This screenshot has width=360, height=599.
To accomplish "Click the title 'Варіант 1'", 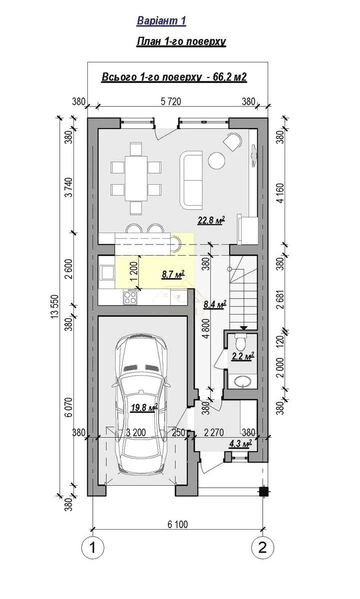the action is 161,20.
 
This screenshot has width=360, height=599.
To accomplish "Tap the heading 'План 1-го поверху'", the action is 181,42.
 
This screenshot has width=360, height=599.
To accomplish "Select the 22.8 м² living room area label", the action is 211,220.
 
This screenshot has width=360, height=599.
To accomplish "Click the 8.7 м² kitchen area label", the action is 173,274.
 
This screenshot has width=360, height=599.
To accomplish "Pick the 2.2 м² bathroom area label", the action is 243,356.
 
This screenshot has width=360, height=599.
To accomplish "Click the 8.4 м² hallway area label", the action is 215,304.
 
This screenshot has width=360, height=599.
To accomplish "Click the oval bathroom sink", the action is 242,381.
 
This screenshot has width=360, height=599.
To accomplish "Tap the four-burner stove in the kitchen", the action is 130,297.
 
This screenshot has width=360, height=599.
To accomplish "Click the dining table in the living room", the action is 136,178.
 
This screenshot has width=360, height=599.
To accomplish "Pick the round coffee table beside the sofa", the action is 216,161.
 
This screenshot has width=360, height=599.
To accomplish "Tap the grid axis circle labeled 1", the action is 92,548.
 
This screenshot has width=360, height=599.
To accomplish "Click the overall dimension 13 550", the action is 54,306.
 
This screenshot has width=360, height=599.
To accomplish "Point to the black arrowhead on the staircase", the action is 243,327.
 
